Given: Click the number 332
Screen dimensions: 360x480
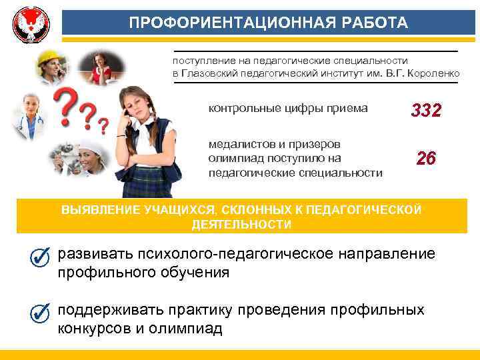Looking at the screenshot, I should point(426,111).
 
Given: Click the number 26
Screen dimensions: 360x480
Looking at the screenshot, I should point(426,159).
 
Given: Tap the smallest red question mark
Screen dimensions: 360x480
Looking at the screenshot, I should point(103,125).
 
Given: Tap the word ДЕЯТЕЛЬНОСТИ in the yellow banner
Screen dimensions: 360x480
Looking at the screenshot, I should point(241,225).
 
